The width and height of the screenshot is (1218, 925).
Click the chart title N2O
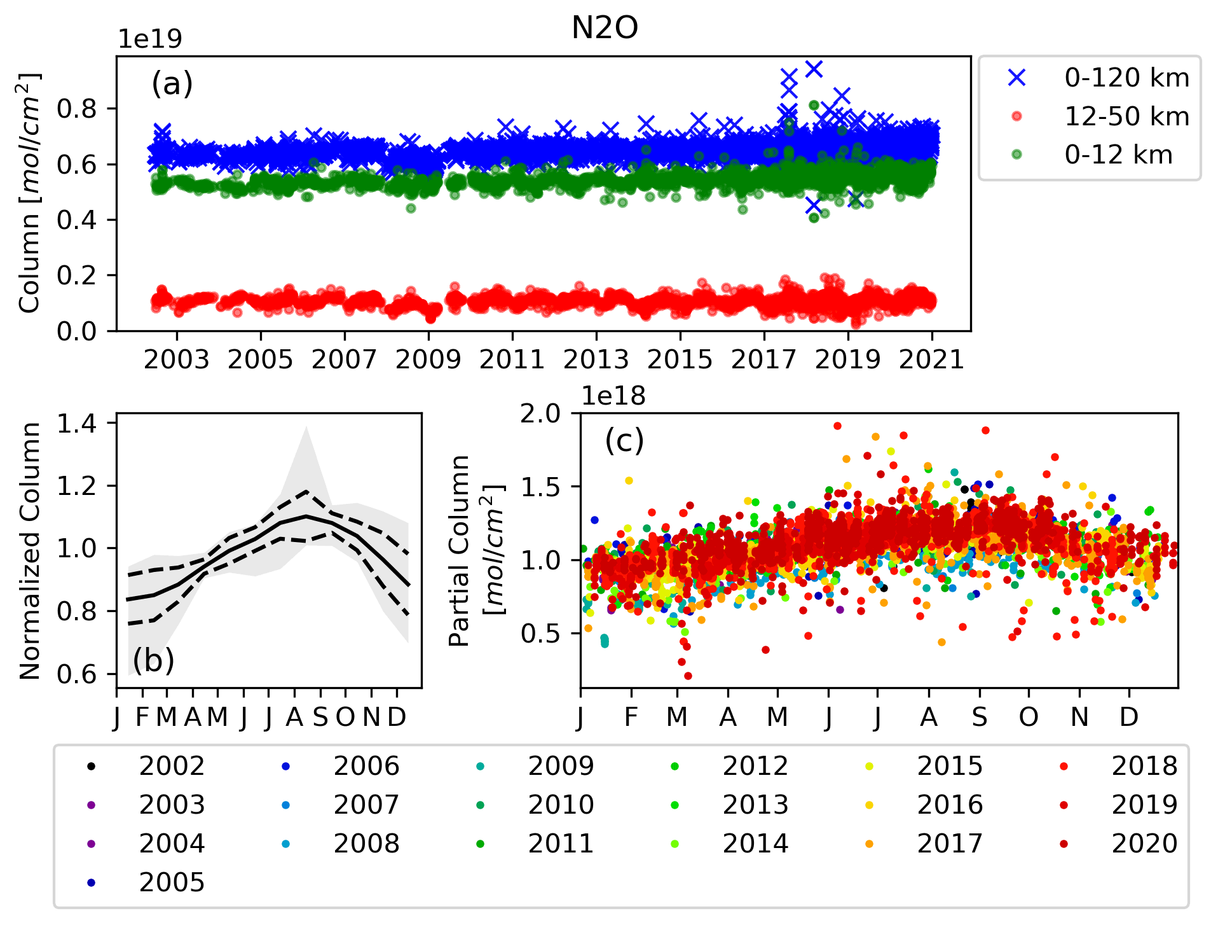(605, 28)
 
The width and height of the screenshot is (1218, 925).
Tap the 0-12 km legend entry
(1118, 155)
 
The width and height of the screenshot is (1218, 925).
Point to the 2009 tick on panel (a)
(428, 360)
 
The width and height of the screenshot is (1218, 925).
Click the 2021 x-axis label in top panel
(931, 360)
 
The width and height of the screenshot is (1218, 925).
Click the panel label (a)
(172, 83)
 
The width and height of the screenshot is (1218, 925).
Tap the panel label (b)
(153, 660)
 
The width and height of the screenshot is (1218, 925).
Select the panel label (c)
(624, 440)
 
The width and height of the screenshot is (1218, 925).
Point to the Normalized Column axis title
(30, 551)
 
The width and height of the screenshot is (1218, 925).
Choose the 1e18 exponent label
(613, 396)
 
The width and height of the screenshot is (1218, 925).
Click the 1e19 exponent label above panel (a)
(150, 39)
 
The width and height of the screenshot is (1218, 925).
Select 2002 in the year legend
(172, 767)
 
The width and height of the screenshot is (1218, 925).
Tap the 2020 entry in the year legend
(1144, 844)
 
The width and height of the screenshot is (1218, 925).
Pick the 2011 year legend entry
(561, 844)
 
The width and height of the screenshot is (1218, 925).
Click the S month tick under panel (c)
(980, 718)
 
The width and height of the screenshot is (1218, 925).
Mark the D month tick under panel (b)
(397, 718)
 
